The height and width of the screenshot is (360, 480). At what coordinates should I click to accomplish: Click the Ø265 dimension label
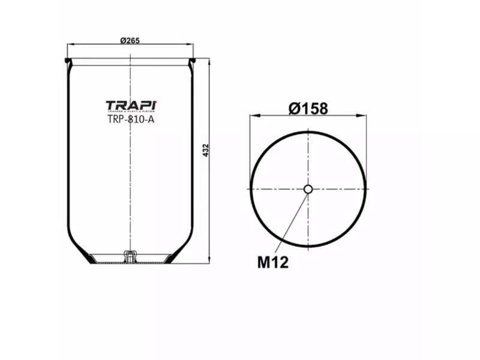[x=130, y=40]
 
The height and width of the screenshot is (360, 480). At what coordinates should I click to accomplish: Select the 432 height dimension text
[x=205, y=151]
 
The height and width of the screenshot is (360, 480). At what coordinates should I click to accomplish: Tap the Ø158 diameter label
[x=308, y=109]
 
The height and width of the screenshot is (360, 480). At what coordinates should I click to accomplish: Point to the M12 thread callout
[x=273, y=262]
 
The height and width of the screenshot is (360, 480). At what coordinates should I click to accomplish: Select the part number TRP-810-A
[x=131, y=119]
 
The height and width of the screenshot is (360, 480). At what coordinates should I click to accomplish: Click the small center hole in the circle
[x=308, y=190]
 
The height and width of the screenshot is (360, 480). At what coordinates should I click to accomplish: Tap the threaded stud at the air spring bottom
[x=128, y=256]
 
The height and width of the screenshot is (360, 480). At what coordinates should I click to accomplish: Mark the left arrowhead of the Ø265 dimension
[x=68, y=44]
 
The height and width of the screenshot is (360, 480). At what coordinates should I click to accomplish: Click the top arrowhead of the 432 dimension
[x=209, y=61]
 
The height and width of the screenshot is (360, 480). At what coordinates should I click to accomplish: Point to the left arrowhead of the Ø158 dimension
[x=253, y=115]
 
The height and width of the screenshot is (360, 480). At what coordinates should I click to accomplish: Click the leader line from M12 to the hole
[x=292, y=222]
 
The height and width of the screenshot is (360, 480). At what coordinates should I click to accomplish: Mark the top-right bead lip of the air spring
[x=193, y=61]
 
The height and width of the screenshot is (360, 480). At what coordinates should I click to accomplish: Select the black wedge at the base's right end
[x=170, y=259]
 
